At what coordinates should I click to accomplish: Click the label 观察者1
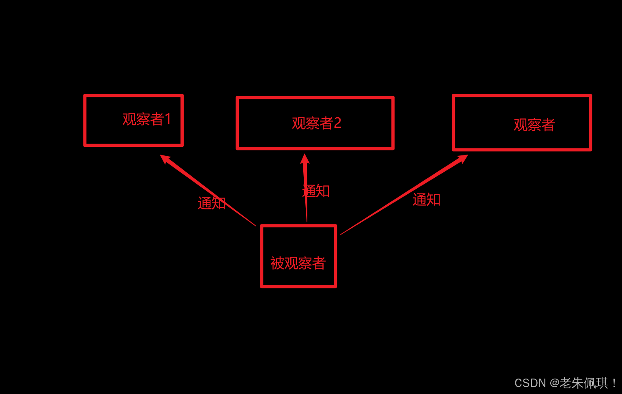pos(146,119)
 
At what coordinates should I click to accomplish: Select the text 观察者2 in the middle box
pos(316,123)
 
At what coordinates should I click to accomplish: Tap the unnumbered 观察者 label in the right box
pos(534,125)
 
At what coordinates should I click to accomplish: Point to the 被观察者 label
pos(298,263)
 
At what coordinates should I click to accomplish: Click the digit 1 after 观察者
pos(168,119)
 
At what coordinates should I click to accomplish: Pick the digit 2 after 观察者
pos(337,123)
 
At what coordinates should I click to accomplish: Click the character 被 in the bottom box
pos(277,263)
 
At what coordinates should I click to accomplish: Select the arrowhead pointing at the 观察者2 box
pos(305,159)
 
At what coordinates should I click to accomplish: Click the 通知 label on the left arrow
pos(211,203)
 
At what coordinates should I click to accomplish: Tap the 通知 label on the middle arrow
pos(317,191)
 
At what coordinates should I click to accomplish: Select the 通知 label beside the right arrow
pos(427,200)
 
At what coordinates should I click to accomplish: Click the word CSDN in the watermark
pos(530,383)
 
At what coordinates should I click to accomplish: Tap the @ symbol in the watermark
pos(554,383)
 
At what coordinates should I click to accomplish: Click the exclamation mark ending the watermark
pos(615,383)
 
